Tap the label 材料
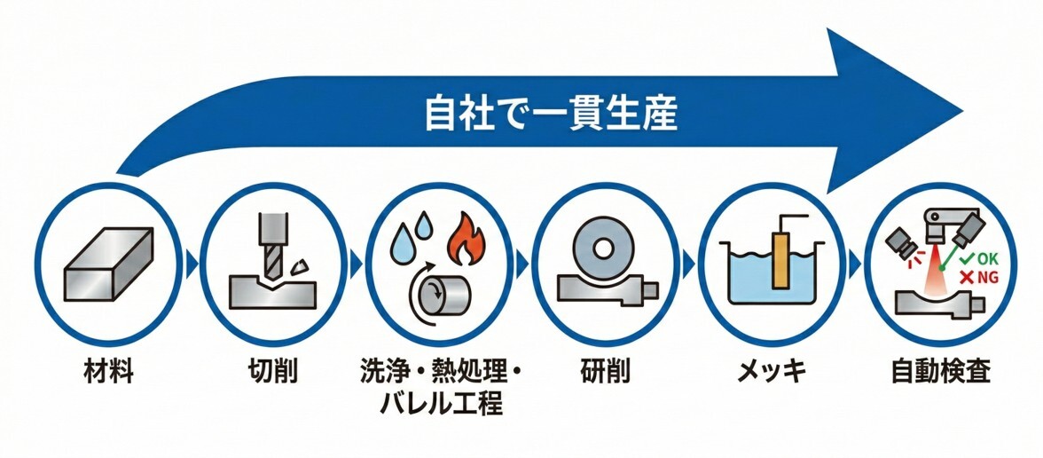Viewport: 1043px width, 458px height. click(x=109, y=371)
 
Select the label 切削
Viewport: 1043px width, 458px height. click(x=271, y=371)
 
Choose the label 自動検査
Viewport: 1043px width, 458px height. click(x=940, y=371)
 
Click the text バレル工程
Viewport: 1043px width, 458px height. click(x=441, y=405)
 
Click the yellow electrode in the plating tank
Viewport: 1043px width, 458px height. click(x=780, y=261)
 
